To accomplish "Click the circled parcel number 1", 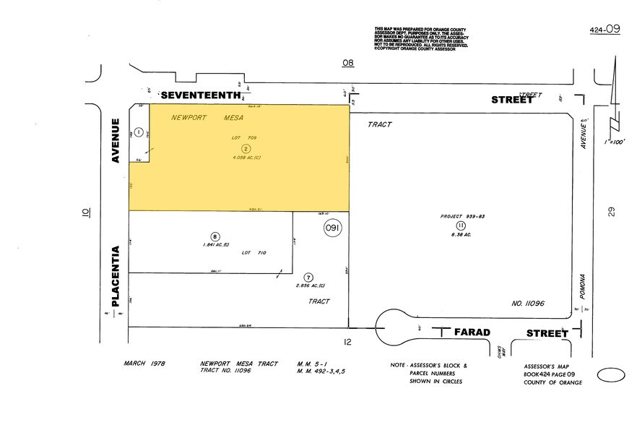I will pyautogui.click(x=139, y=131).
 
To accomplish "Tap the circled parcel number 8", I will pyautogui.click(x=214, y=236).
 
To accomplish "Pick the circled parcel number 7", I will pyautogui.click(x=308, y=277).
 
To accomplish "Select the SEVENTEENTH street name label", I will pyautogui.click(x=199, y=95).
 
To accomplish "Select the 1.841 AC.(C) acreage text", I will pyautogui.click(x=215, y=245).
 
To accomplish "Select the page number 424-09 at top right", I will pyautogui.click(x=604, y=30).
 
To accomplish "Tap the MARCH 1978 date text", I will pyautogui.click(x=144, y=363).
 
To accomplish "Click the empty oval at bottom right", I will pyautogui.click(x=610, y=376).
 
